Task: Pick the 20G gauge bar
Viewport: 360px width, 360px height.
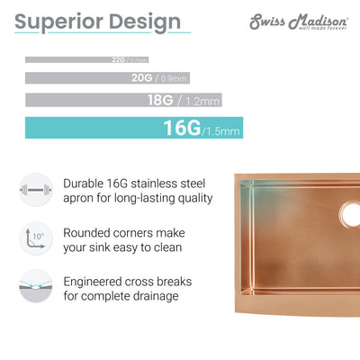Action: [x=76, y=78]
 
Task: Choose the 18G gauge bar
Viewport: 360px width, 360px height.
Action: [x=90, y=100]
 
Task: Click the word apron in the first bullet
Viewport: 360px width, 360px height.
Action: [x=82, y=198]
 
